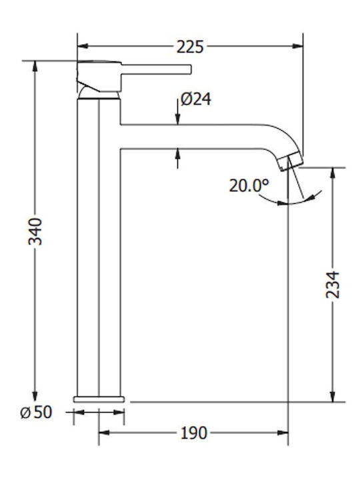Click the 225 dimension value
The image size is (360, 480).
point(190,47)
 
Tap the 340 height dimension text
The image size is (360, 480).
point(35,231)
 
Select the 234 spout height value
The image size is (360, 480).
point(333,285)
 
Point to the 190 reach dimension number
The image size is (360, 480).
point(194,433)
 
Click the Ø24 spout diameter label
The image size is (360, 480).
point(196,99)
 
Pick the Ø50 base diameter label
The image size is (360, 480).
point(36,412)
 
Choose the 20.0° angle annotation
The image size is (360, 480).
point(249,185)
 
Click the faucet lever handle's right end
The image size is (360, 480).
point(191,69)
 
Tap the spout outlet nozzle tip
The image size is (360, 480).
point(292,163)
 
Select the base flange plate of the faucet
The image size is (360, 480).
point(99,399)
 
